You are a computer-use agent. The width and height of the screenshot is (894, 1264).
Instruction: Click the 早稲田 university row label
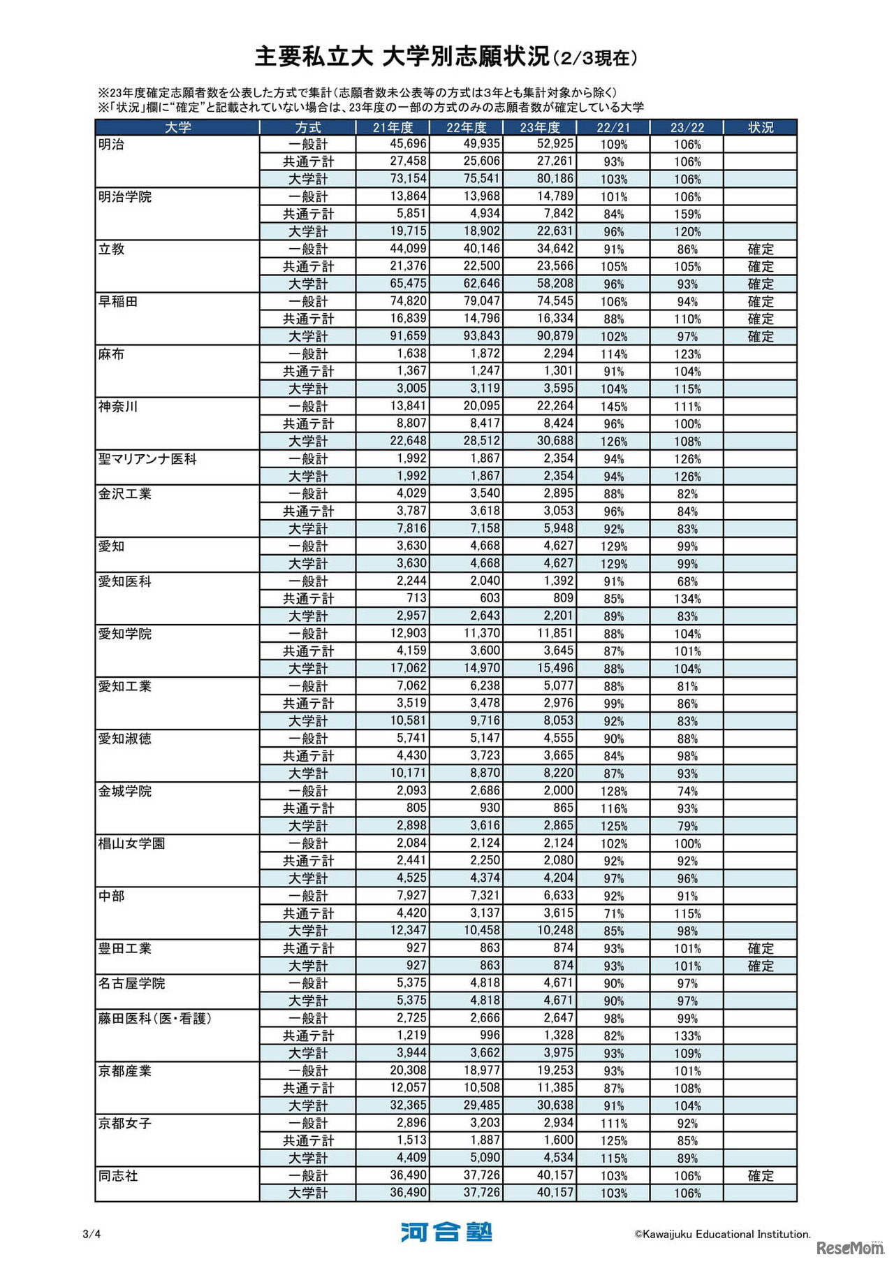(x=118, y=302)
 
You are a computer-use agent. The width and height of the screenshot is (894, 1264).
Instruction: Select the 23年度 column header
(x=540, y=127)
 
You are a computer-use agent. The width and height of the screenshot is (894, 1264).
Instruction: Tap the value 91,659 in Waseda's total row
(x=408, y=336)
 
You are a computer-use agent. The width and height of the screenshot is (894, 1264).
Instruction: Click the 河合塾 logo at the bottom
(x=446, y=1232)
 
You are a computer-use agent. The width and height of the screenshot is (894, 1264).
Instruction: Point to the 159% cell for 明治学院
(x=687, y=215)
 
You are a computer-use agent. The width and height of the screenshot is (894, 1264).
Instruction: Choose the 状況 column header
(x=761, y=127)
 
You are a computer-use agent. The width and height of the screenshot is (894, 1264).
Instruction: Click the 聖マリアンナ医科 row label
(x=147, y=459)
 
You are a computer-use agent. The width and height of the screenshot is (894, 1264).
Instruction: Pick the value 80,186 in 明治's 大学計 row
(x=555, y=179)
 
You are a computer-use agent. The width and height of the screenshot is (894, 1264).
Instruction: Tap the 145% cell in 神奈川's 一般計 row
(x=614, y=407)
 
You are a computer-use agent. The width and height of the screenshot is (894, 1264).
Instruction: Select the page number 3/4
(x=91, y=1234)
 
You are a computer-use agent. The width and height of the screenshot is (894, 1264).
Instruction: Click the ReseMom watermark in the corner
(x=850, y=1247)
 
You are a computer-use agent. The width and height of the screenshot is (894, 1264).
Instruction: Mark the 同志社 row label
(x=118, y=1176)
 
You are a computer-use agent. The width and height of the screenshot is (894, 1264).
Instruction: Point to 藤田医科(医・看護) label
(x=154, y=1019)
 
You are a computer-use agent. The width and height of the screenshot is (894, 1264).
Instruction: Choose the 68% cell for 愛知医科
(x=687, y=581)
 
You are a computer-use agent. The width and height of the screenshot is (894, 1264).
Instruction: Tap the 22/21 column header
(x=613, y=127)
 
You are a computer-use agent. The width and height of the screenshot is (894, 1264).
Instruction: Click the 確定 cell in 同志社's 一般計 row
(x=761, y=1176)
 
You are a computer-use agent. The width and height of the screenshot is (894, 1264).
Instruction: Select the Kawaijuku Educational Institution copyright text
(x=722, y=1234)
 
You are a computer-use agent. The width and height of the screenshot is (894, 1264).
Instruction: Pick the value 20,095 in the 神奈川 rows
(x=482, y=407)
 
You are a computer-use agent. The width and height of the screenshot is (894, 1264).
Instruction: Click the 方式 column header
(x=308, y=127)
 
